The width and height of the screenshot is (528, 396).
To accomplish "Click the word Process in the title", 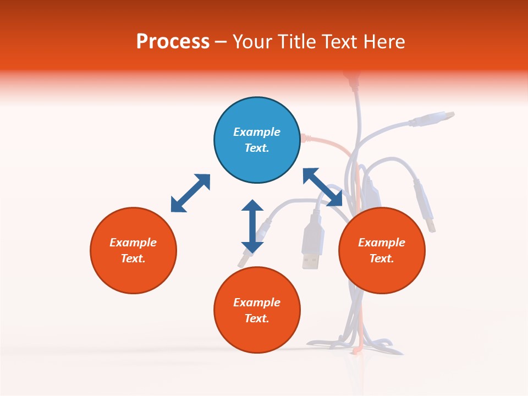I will coord(173,42).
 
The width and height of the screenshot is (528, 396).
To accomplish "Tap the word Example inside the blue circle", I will coord(257,132).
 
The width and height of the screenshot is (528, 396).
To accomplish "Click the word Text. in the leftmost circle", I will coord(133,258).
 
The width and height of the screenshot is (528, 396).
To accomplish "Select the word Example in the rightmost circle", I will coord(382,243).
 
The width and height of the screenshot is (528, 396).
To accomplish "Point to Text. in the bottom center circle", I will coord(257,318).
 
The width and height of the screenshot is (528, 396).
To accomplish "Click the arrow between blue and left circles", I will coord(190,193).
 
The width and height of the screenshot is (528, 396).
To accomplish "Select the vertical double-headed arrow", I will coord(252,226).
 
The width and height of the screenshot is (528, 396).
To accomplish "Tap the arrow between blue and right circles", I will coord(323,187).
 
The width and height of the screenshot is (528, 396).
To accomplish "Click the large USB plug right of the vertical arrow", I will coord(311,242).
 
